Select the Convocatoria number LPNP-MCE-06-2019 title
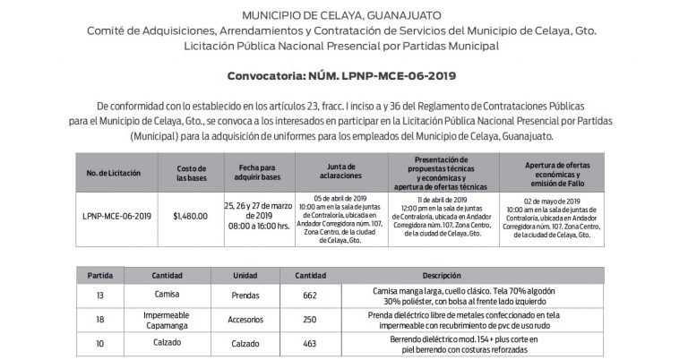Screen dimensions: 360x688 click(x=343, y=76)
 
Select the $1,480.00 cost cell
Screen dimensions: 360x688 click(x=190, y=216)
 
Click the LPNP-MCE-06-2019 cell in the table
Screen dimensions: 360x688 click(x=116, y=216)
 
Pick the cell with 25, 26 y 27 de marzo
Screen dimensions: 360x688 click(x=257, y=216)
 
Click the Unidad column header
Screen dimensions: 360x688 click(x=245, y=276)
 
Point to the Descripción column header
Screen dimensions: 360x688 click(x=465, y=276)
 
